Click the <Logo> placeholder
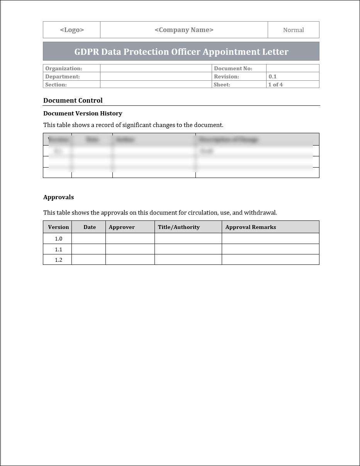pos(72,30)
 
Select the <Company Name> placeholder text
pos(184,30)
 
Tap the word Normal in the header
pos(293,30)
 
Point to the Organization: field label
pos(64,69)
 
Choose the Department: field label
pos(63,76)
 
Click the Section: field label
pos(56,85)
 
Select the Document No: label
pos(233,69)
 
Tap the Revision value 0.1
pos(273,76)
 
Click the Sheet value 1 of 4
pos(275,85)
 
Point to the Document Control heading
pos(73,100)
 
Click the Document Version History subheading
pos(83,114)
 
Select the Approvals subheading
pos(58,197)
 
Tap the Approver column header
pos(122,227)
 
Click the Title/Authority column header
pos(179,227)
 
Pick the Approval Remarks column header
pos(251,227)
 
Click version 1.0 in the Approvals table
pos(58,239)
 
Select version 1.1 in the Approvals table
pos(58,249)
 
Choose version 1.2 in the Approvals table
pos(58,260)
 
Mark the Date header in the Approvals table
pos(90,227)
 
